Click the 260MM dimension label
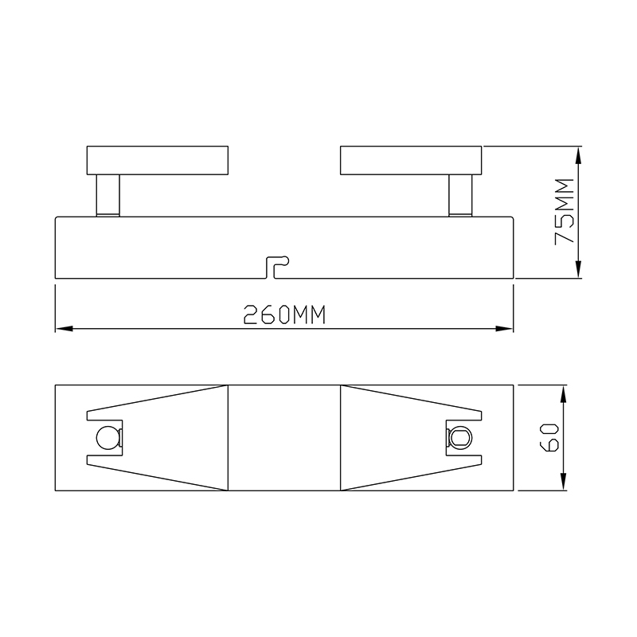click(x=284, y=315)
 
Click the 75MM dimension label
click(x=564, y=213)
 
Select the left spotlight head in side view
click(x=158, y=159)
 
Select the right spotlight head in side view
click(x=411, y=159)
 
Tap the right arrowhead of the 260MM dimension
click(x=506, y=328)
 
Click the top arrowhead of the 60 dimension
click(x=565, y=392)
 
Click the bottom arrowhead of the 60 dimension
click(x=565, y=484)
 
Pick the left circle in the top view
click(x=105, y=438)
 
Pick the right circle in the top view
click(x=460, y=438)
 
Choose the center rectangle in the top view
click(x=284, y=438)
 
